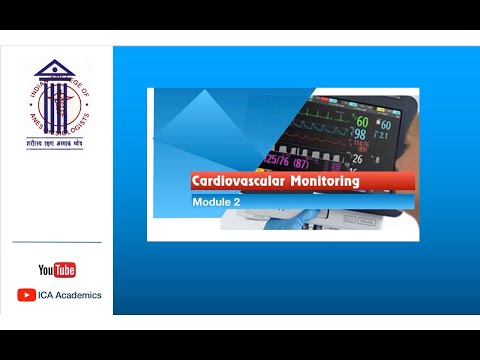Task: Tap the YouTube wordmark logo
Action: pos(57,270)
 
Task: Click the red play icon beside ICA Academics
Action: pos(27,295)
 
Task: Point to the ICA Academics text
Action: pos(70,295)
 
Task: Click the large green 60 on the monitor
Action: pos(361,123)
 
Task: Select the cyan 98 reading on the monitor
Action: pos(359,135)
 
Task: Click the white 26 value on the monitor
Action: pos(356,158)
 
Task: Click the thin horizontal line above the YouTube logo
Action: pos(57,242)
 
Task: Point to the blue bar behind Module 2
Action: pos(300,202)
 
